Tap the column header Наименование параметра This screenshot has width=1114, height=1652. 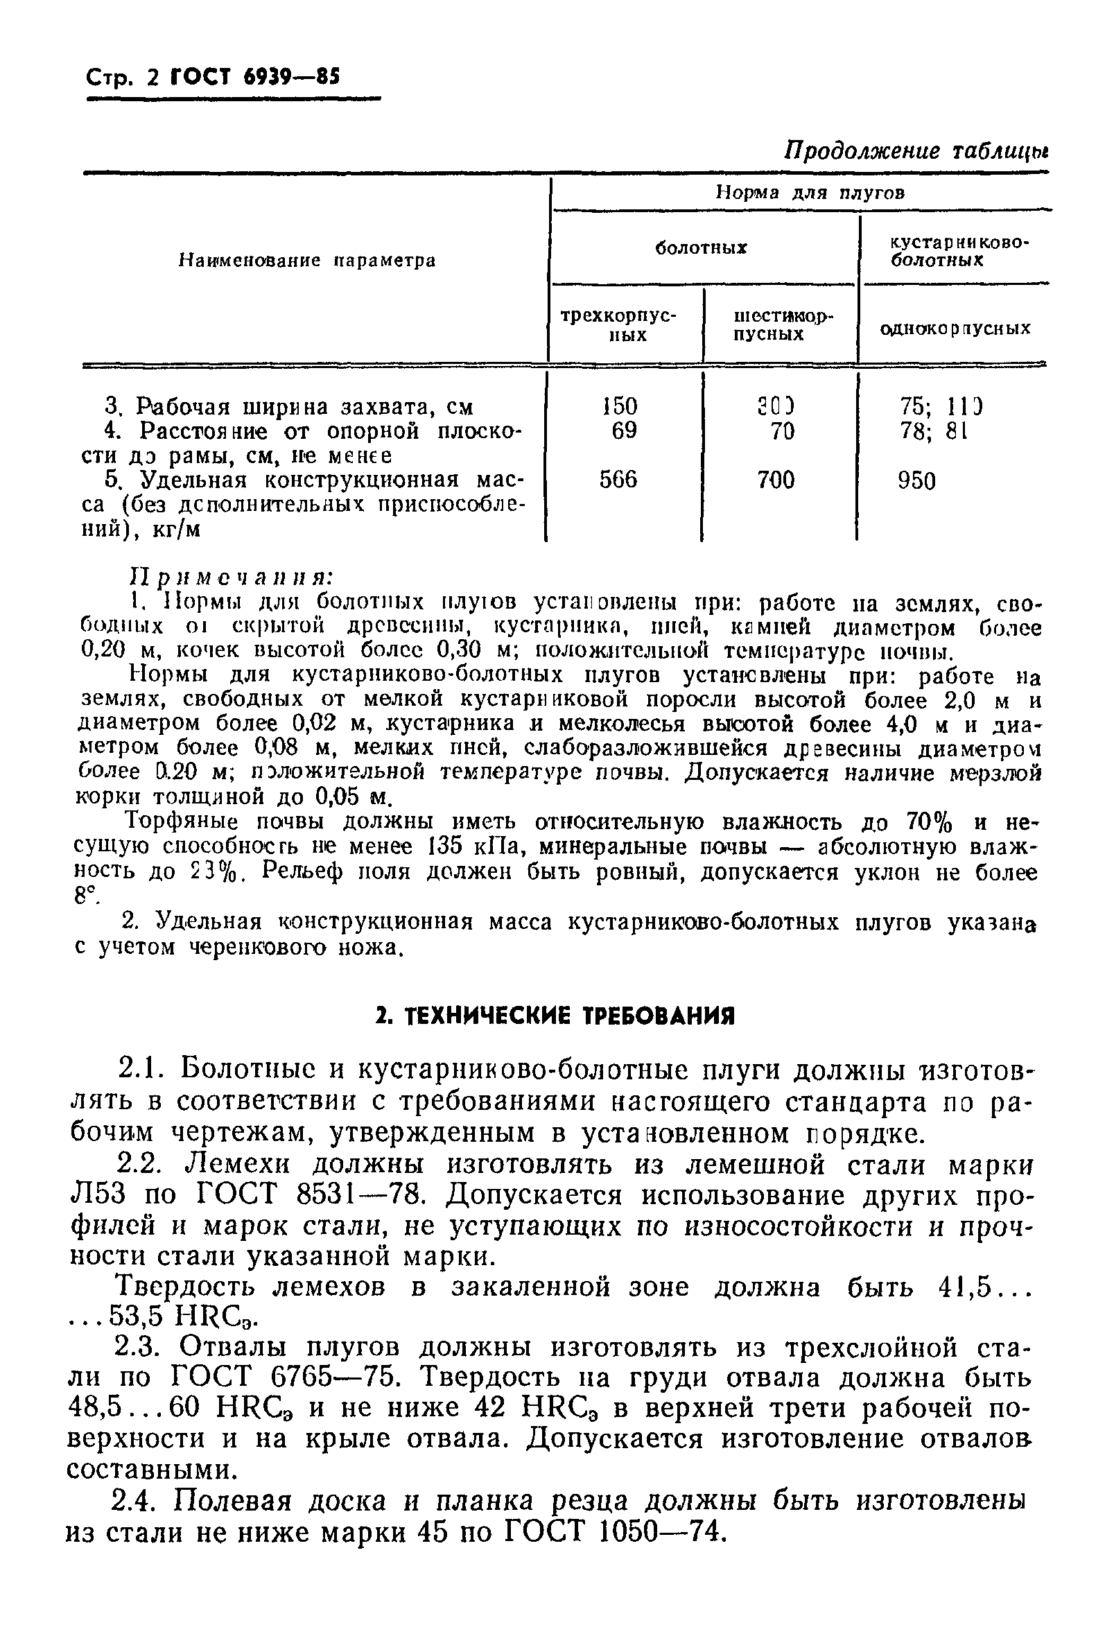pos(307,261)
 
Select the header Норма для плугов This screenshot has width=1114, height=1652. pos(809,193)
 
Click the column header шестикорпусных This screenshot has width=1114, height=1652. pos(781,324)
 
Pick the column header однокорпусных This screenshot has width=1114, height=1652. pos(955,329)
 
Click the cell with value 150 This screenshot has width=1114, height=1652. pos(620,406)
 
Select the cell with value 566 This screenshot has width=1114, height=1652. pos(618,480)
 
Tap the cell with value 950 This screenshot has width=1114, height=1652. pos(916,482)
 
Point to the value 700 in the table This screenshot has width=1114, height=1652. pos(775,480)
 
